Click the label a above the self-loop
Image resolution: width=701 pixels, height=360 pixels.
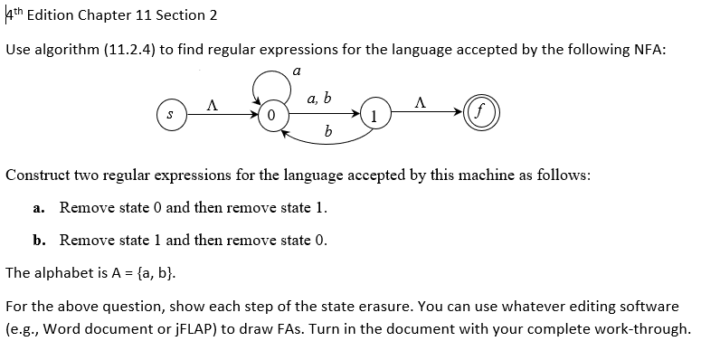297,69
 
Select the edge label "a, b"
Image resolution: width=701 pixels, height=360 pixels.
319,98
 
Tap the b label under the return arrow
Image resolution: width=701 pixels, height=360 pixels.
327,134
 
